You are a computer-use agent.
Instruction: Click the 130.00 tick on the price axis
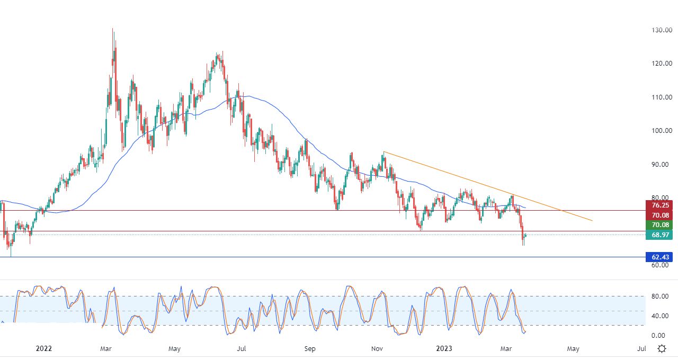(x=661, y=30)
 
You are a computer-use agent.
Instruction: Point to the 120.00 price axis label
(x=661, y=64)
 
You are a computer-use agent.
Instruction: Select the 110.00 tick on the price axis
(x=661, y=97)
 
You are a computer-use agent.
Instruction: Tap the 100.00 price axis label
(x=661, y=131)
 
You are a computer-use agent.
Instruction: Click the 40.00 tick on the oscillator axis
(x=658, y=316)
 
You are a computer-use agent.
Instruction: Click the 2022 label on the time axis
(x=44, y=348)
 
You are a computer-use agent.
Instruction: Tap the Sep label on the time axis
(x=310, y=348)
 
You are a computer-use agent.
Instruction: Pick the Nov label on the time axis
(x=377, y=348)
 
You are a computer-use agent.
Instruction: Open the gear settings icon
(x=662, y=348)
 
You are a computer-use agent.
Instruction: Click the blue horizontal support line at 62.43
(x=318, y=257)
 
